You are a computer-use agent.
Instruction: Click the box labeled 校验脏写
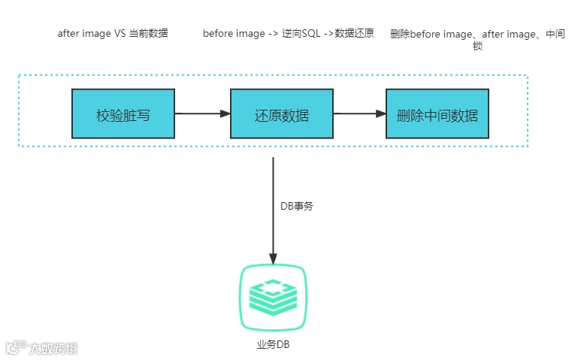click(x=123, y=113)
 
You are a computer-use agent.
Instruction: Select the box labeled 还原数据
click(x=282, y=113)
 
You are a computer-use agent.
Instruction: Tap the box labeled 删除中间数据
click(x=437, y=113)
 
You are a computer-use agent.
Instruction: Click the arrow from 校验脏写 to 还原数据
click(x=202, y=113)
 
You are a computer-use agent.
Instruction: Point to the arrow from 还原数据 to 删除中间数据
click(x=359, y=113)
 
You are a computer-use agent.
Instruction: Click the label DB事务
click(x=296, y=206)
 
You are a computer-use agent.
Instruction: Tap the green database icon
click(x=273, y=298)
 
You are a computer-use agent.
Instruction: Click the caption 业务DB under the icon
click(x=273, y=344)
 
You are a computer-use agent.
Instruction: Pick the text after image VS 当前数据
click(x=113, y=34)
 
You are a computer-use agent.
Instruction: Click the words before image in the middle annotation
click(x=234, y=34)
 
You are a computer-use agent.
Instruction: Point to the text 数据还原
click(x=354, y=34)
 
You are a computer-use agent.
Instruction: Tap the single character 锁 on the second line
click(x=478, y=46)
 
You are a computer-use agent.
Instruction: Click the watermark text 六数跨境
click(x=53, y=348)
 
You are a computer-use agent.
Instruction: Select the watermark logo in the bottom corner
click(x=16, y=347)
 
